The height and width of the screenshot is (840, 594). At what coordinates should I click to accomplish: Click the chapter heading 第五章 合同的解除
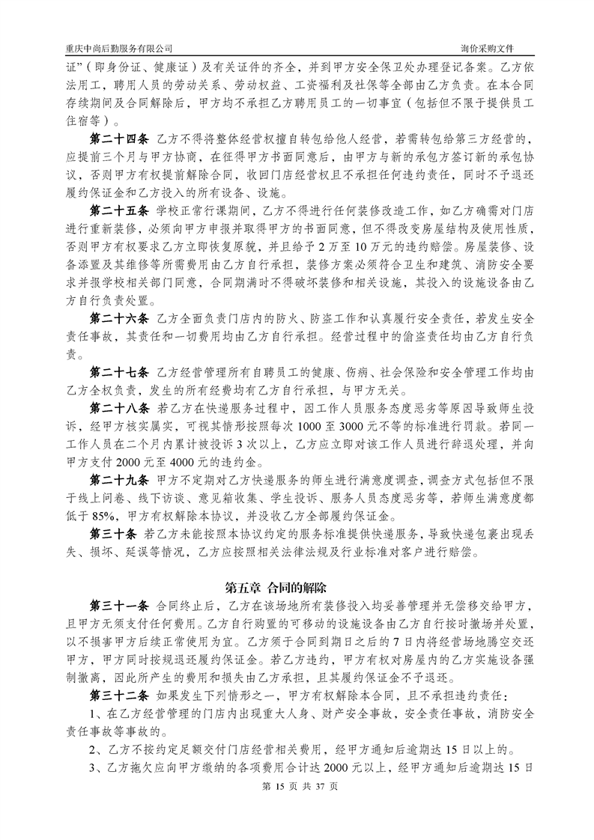tap(297, 586)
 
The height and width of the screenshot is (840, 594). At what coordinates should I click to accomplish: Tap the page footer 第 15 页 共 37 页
tap(297, 808)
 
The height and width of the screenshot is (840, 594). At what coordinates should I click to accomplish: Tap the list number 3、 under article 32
tap(95, 767)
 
